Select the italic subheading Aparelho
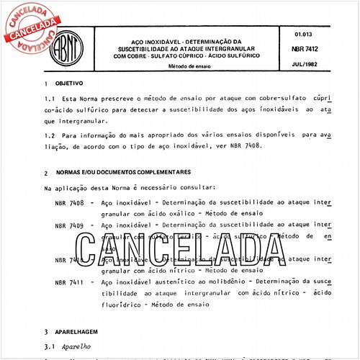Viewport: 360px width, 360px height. pyautogui.click(x=70, y=346)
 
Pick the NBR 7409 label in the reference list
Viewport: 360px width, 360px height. pyautogui.click(x=69, y=225)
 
